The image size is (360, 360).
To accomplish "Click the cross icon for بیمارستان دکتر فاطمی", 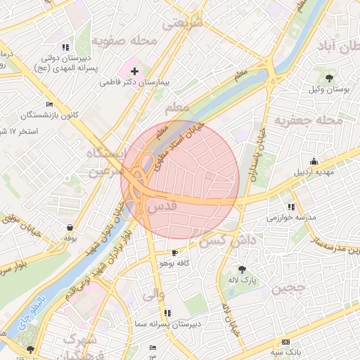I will pyautogui.click(x=134, y=72).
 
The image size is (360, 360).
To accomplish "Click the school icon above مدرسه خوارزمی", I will pyautogui.click(x=291, y=207).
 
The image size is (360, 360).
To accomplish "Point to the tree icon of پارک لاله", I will pyautogui.click(x=242, y=269).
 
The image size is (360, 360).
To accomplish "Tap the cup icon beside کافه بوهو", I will pyautogui.click(x=174, y=252).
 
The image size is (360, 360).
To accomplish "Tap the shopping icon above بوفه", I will pyautogui.click(x=70, y=227).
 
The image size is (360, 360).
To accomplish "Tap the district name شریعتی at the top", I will pyautogui.click(x=182, y=23).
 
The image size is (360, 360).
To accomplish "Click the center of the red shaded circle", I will pyautogui.click(x=180, y=180).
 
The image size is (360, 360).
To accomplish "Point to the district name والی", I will pyautogui.click(x=154, y=295).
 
